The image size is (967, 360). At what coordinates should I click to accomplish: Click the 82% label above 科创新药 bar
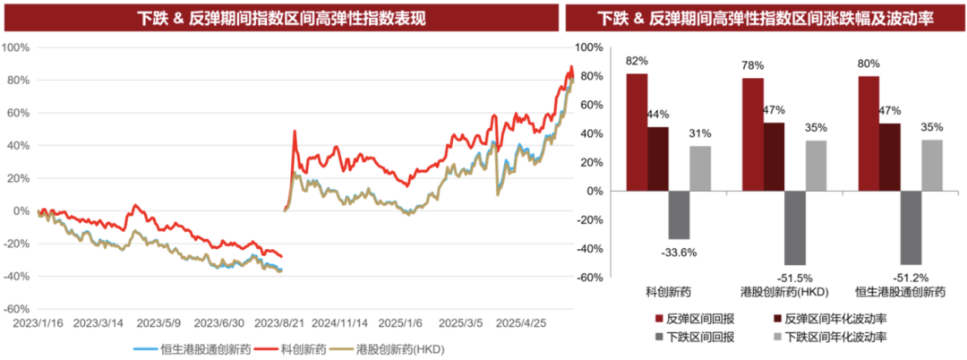pos(638,61)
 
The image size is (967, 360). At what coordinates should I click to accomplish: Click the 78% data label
pos(753,65)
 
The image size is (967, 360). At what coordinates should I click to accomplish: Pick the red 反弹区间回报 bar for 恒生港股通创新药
pos(869,133)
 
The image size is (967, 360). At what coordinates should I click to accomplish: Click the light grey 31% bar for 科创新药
pos(700,168)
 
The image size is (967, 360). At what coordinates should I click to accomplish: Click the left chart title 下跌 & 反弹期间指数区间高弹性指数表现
pos(281,18)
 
